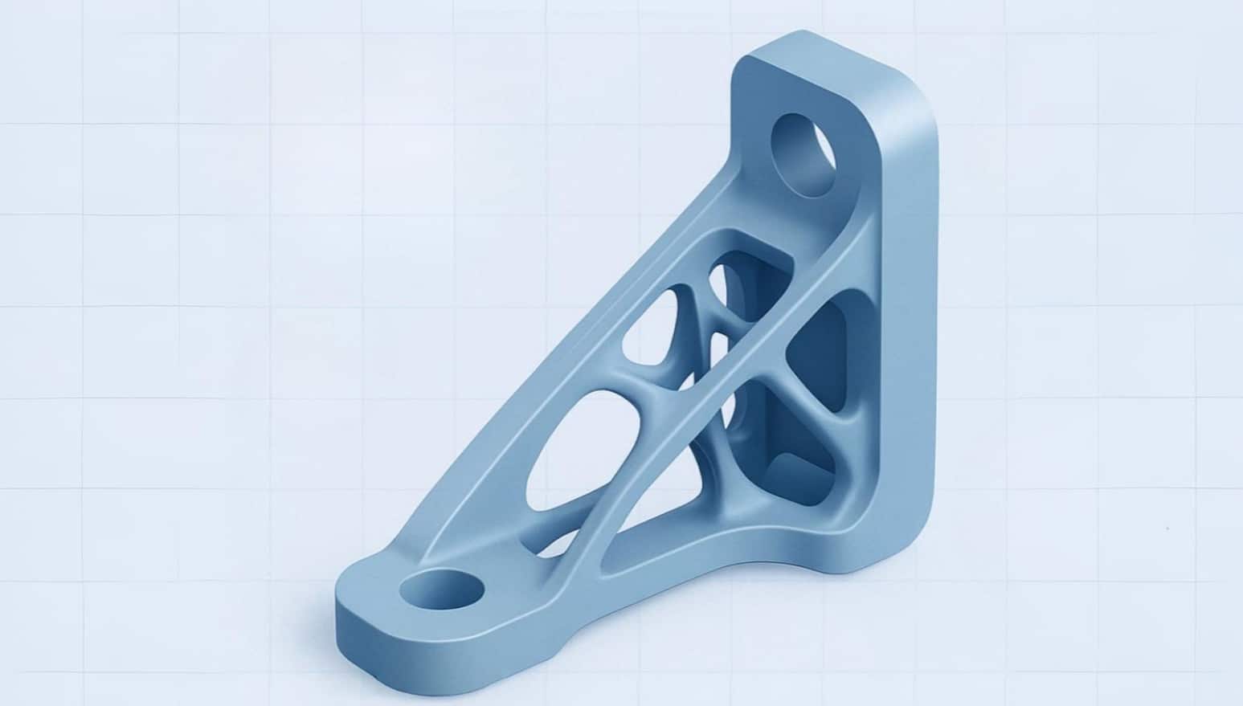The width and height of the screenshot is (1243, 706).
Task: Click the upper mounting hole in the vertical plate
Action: [x=803, y=154]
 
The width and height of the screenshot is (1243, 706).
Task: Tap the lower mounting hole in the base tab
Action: [x=442, y=593]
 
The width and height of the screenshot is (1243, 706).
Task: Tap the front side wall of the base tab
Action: [x=418, y=643]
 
